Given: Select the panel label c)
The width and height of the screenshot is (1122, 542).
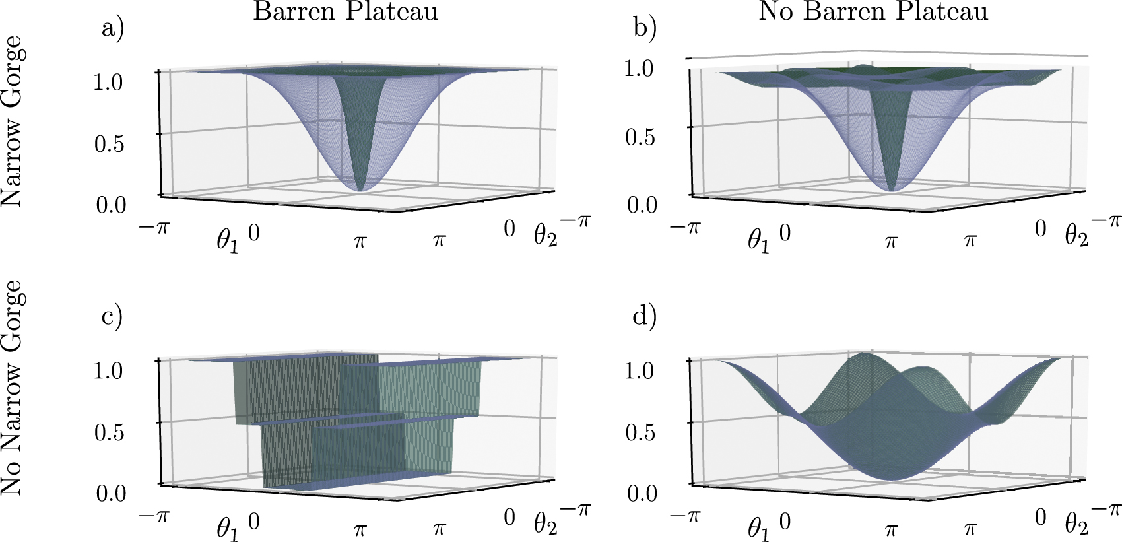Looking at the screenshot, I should click(112, 316).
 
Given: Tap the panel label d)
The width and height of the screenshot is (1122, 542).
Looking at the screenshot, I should click(644, 316).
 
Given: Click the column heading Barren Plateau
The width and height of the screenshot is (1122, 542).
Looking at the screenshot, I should click(345, 11).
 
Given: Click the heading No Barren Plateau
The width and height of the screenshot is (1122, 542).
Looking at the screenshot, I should click(873, 11).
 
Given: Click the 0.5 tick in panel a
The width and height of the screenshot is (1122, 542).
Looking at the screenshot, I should click(110, 143).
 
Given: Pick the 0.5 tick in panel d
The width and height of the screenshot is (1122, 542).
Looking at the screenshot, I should click(640, 432).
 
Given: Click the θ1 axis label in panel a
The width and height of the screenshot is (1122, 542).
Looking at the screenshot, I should click(228, 240).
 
